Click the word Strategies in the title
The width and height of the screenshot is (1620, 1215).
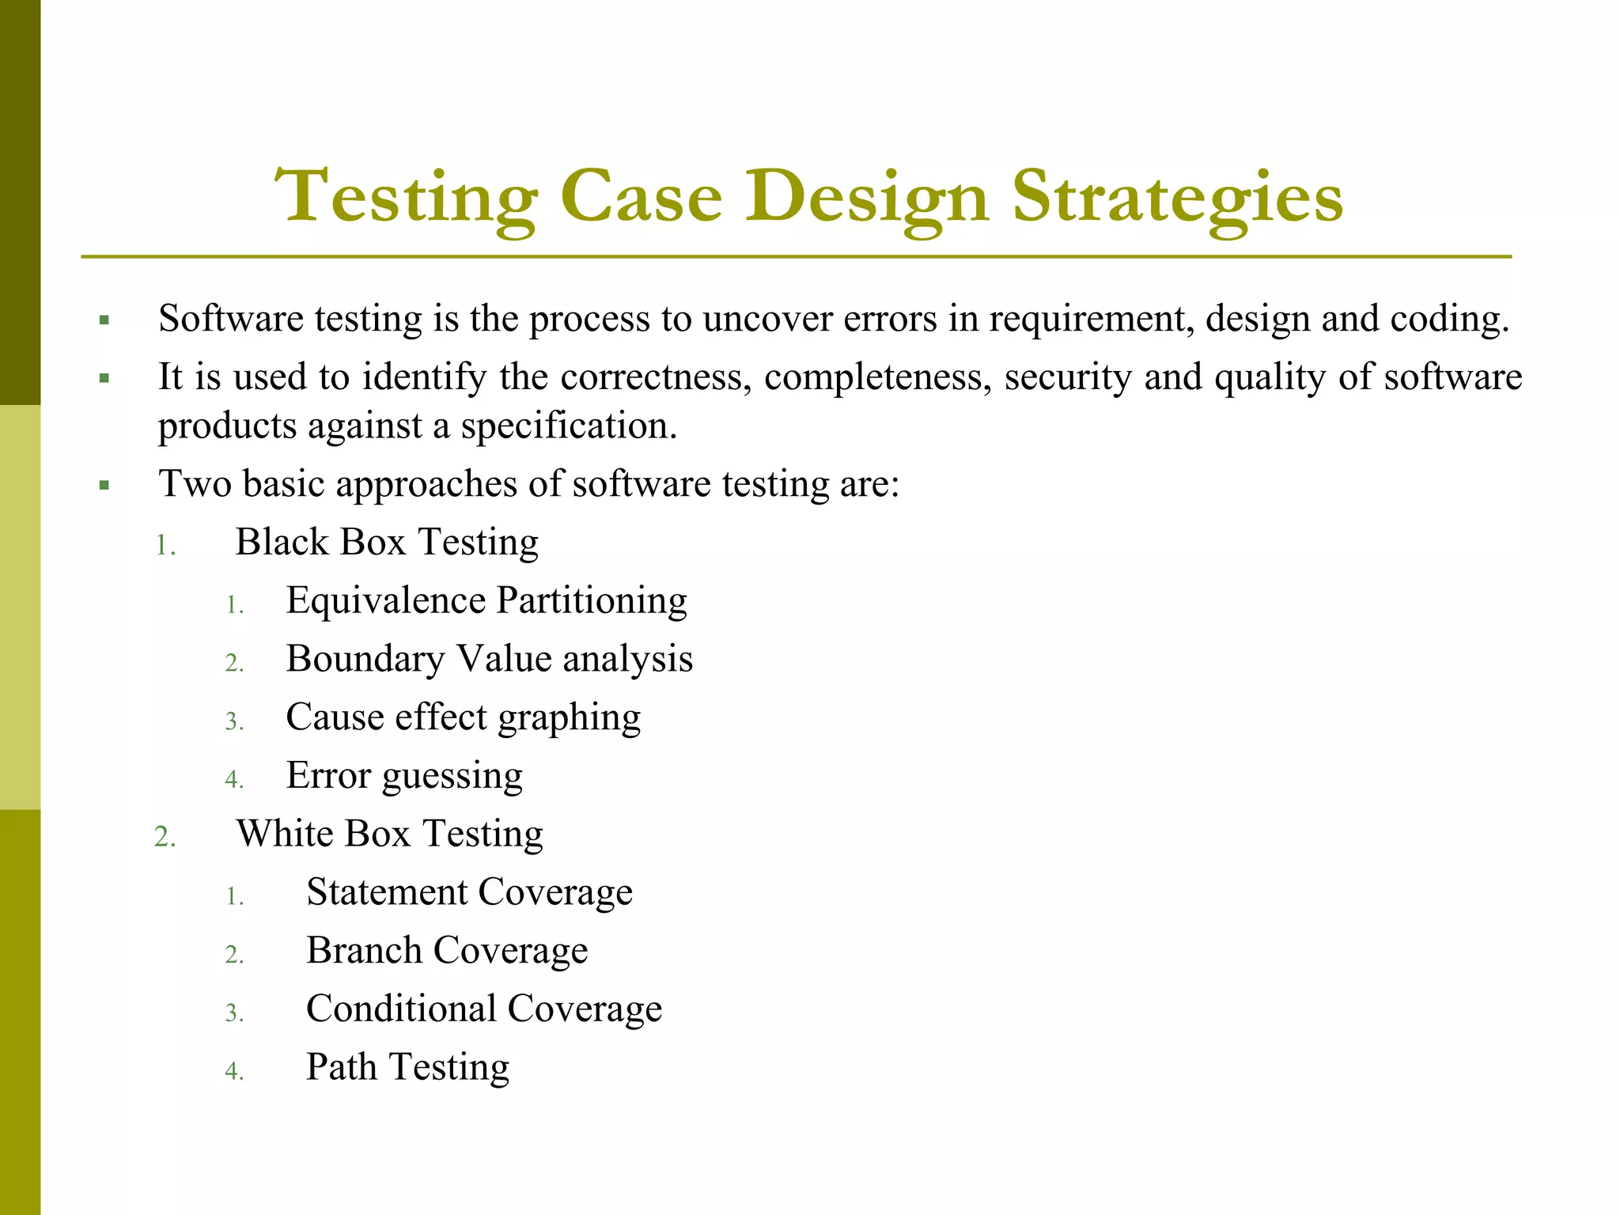tap(1178, 198)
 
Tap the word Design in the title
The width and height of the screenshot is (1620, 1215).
tap(866, 198)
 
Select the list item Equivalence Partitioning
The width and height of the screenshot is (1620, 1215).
tap(486, 600)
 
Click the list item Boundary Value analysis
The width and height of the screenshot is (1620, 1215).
tap(490, 659)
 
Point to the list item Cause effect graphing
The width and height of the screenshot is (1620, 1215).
tap(464, 717)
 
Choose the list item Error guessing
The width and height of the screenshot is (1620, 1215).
tap(404, 776)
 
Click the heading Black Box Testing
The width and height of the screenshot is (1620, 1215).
tap(387, 543)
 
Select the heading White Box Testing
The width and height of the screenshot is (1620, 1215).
tap(390, 834)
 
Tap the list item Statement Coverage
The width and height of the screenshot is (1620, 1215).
tap(469, 892)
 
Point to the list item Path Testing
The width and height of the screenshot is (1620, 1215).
tap(407, 1067)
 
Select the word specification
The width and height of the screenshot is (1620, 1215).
tap(569, 426)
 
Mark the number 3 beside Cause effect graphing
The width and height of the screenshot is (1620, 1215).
tap(234, 721)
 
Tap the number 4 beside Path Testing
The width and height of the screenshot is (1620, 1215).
tap(234, 1071)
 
